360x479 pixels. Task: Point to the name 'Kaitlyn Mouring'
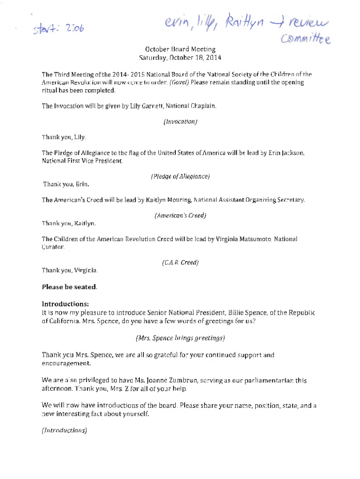click(167, 200)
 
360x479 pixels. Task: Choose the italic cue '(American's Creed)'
click(180, 216)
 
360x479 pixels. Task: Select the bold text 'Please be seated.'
click(70, 286)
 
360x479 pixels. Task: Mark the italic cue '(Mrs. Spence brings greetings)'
click(180, 337)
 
